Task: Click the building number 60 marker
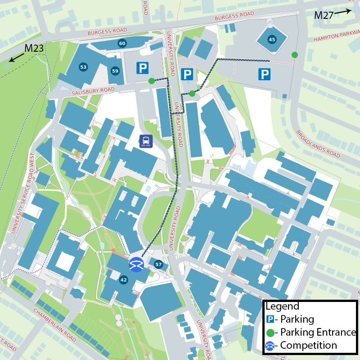click(122, 43)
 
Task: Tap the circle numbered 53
click(83, 67)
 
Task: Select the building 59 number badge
click(115, 71)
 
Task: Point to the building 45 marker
click(271, 40)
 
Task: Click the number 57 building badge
click(158, 264)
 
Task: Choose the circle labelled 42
click(124, 280)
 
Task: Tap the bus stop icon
click(146, 141)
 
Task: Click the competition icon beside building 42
click(136, 264)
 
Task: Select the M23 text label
click(34, 48)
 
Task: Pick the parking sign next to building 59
click(143, 68)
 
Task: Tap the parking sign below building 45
click(264, 74)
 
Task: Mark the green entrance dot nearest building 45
click(295, 55)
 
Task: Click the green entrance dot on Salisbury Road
click(151, 81)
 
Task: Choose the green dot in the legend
click(270, 333)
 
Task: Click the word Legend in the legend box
click(282, 306)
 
